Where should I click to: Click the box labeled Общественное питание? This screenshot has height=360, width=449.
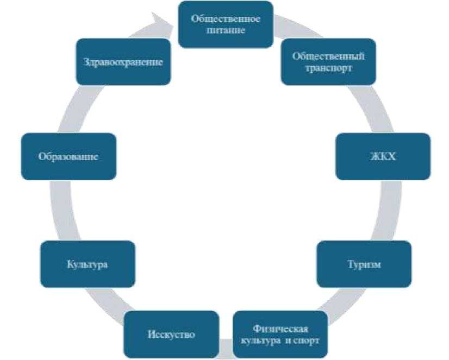(x=226, y=24)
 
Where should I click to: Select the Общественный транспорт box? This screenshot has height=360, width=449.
(x=328, y=62)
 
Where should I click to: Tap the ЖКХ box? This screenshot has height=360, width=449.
(x=383, y=156)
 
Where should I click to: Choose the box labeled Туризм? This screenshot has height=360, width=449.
(x=364, y=264)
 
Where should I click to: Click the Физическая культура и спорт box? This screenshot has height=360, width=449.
(x=281, y=334)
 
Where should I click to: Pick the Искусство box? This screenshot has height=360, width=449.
(x=171, y=334)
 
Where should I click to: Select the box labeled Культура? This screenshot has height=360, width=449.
(x=88, y=264)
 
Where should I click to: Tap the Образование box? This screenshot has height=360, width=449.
(x=68, y=156)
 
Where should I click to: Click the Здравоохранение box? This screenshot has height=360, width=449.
(x=123, y=61)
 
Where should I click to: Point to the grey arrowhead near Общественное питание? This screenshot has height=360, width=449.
(x=166, y=21)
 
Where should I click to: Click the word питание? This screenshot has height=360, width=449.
(x=226, y=30)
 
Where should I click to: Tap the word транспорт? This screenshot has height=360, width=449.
(x=328, y=69)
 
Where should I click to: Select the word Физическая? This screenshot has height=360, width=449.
(x=281, y=329)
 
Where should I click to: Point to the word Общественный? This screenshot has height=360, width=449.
(x=328, y=56)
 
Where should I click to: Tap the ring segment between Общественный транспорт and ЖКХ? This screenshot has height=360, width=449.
(x=365, y=109)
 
